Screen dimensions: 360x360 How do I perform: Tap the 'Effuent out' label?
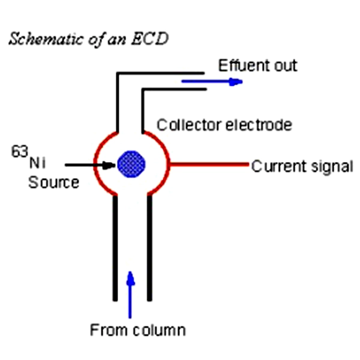[x=257, y=65]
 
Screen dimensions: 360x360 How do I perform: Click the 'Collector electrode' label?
[x=224, y=125]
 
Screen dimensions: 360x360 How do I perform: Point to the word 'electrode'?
[x=262, y=125]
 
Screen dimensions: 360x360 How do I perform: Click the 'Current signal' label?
[x=302, y=166]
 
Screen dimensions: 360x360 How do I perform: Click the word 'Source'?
[x=53, y=181]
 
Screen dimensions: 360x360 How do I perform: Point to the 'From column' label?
[x=137, y=329]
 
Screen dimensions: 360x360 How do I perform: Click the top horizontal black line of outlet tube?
[x=162, y=74]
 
